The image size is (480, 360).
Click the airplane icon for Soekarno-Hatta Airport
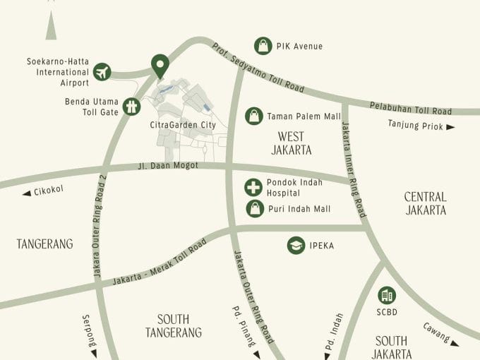tap(102, 71)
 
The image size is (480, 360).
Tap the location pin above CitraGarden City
tap(160, 66)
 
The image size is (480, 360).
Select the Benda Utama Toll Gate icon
tap(131, 106)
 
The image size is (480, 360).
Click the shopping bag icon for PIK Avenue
tap(263, 46)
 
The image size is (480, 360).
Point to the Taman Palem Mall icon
tap(253, 116)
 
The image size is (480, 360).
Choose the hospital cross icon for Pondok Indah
tap(253, 187)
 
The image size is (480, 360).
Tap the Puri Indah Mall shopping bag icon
tap(254, 208)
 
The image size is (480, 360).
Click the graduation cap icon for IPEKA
tap(296, 245)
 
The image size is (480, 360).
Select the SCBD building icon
tap(386, 295)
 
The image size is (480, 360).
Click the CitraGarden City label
tap(183, 125)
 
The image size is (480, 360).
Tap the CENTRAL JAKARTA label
tap(425, 203)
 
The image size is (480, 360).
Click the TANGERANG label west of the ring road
tap(44, 244)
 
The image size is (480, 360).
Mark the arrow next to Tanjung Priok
tap(450, 127)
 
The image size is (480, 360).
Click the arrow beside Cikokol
tap(27, 193)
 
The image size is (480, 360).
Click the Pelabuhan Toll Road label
tap(410, 108)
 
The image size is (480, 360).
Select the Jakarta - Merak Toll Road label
tap(160, 263)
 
